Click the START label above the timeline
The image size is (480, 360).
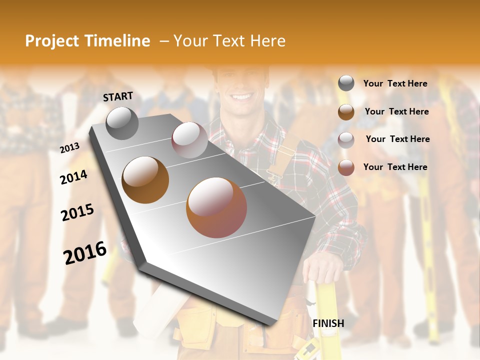(x=118, y=96)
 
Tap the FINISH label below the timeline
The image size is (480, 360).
(x=328, y=323)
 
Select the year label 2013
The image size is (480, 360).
(x=70, y=148)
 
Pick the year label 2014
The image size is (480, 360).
(x=74, y=177)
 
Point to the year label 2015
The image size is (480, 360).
(x=77, y=212)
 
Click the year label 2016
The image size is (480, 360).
(x=85, y=253)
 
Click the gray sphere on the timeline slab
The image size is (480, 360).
(x=122, y=123)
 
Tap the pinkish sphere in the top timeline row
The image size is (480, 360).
(x=189, y=140)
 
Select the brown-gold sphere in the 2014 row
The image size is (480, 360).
(x=145, y=179)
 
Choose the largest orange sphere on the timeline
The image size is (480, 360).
(x=216, y=207)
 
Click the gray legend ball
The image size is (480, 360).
(x=346, y=83)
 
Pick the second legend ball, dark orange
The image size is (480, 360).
(x=346, y=112)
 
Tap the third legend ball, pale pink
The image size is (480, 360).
(x=346, y=140)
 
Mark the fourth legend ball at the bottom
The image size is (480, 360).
(x=346, y=167)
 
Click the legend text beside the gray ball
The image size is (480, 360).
(x=395, y=83)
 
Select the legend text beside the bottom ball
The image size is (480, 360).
(x=395, y=167)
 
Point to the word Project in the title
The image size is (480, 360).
(x=52, y=41)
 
